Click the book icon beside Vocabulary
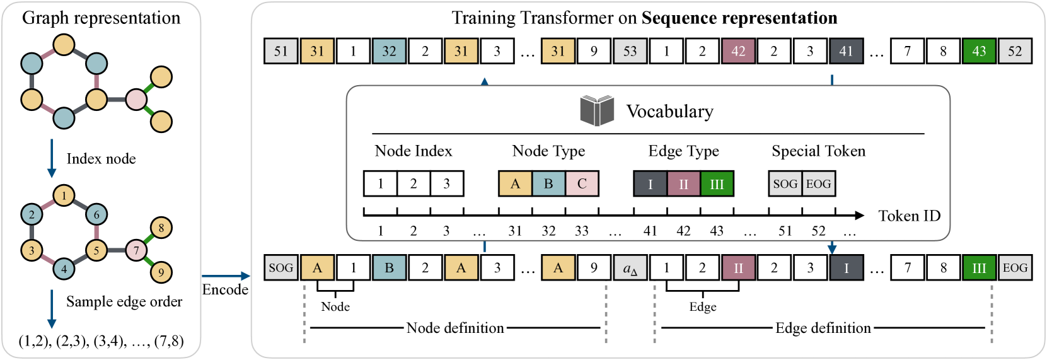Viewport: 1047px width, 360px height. click(596, 111)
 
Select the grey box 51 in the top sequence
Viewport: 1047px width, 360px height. click(281, 51)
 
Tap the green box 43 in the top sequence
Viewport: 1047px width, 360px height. click(979, 51)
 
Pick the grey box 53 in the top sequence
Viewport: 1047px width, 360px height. click(630, 51)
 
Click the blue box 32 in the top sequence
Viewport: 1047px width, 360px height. click(389, 51)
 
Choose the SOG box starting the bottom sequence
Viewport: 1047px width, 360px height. click(281, 268)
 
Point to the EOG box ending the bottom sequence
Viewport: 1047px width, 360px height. click(1015, 268)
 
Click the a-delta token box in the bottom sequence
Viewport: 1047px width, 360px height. click(630, 268)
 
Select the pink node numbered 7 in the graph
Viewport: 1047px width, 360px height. click(136, 250)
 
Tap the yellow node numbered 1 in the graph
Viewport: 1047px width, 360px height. click(64, 195)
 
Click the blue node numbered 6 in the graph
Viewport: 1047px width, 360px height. click(96, 214)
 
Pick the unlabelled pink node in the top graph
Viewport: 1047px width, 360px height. click(136, 100)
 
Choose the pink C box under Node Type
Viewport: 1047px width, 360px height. click(582, 183)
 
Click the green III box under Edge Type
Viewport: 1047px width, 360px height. click(717, 184)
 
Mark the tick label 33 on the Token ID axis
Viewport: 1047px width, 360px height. click(582, 231)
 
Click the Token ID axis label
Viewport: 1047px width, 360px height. click(909, 216)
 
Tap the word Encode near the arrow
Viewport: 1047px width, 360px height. click(225, 289)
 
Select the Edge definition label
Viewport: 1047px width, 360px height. click(823, 328)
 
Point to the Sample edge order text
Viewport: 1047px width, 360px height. click(124, 301)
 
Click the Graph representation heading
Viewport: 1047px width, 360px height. click(101, 18)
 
